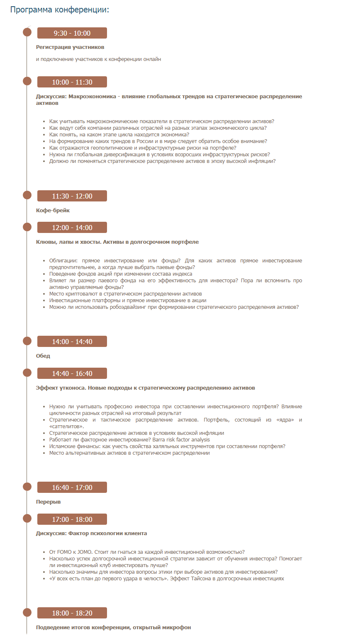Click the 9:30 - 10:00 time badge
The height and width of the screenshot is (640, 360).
point(72,33)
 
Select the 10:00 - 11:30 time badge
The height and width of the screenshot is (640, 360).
point(72,82)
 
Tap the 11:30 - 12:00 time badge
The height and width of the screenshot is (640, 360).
point(72,196)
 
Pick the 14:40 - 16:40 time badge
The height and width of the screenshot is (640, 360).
point(72,373)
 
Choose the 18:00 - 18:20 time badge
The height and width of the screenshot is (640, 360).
point(72,613)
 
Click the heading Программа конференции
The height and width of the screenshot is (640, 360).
point(59,10)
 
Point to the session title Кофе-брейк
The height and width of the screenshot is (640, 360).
point(53,211)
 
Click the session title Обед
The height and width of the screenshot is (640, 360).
point(43,356)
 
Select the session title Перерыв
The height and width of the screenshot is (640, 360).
point(48,502)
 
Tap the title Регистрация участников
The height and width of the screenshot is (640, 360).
point(70,47)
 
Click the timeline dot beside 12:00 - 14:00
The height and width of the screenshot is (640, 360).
point(27,227)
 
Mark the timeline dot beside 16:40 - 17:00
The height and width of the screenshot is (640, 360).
point(27,487)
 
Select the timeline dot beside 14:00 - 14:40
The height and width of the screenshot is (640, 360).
point(27,341)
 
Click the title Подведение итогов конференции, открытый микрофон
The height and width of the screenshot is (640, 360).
point(113,628)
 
